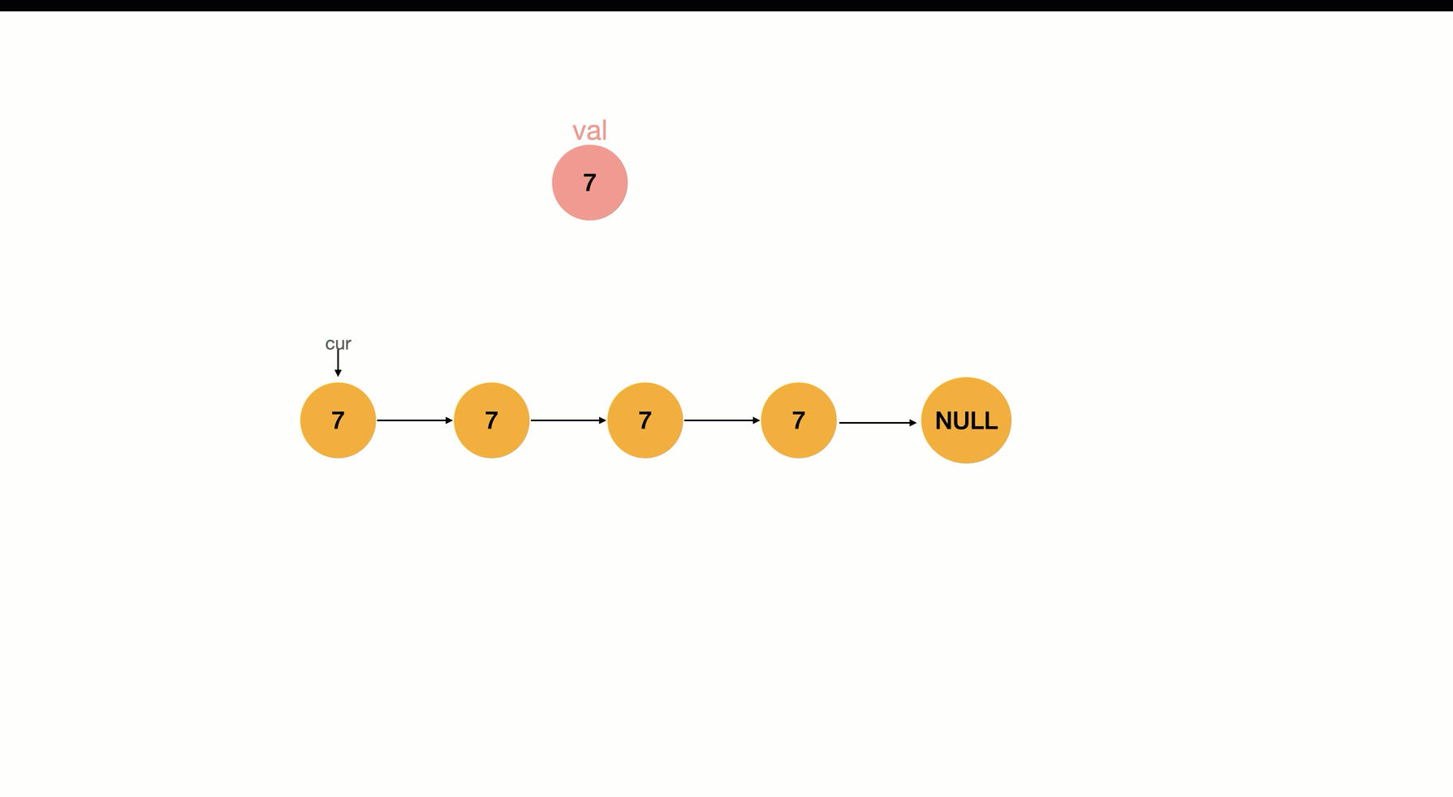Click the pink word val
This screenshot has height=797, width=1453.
point(589,131)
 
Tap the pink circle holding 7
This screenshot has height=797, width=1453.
point(589,183)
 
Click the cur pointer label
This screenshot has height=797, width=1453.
point(338,343)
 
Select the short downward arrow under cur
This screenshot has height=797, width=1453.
point(338,363)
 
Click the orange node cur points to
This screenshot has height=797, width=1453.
point(338,420)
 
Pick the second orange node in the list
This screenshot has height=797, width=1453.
point(491,420)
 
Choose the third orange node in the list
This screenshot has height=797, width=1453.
point(645,420)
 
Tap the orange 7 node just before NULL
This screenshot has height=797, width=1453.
point(798,420)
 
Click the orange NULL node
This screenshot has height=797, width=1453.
point(966,420)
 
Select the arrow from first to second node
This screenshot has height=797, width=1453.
point(415,420)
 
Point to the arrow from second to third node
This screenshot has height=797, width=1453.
point(568,420)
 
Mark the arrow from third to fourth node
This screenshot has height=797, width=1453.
point(722,420)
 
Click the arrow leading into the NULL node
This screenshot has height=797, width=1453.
point(877,423)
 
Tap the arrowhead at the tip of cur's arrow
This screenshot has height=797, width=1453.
point(338,373)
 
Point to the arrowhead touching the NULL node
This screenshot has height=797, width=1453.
point(913,423)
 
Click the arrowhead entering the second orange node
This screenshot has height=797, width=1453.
point(449,420)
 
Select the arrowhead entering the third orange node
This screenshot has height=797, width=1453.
point(602,420)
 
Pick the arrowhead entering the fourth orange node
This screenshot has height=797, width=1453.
point(756,420)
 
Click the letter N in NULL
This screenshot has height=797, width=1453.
point(943,420)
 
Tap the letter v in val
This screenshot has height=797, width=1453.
point(579,133)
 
